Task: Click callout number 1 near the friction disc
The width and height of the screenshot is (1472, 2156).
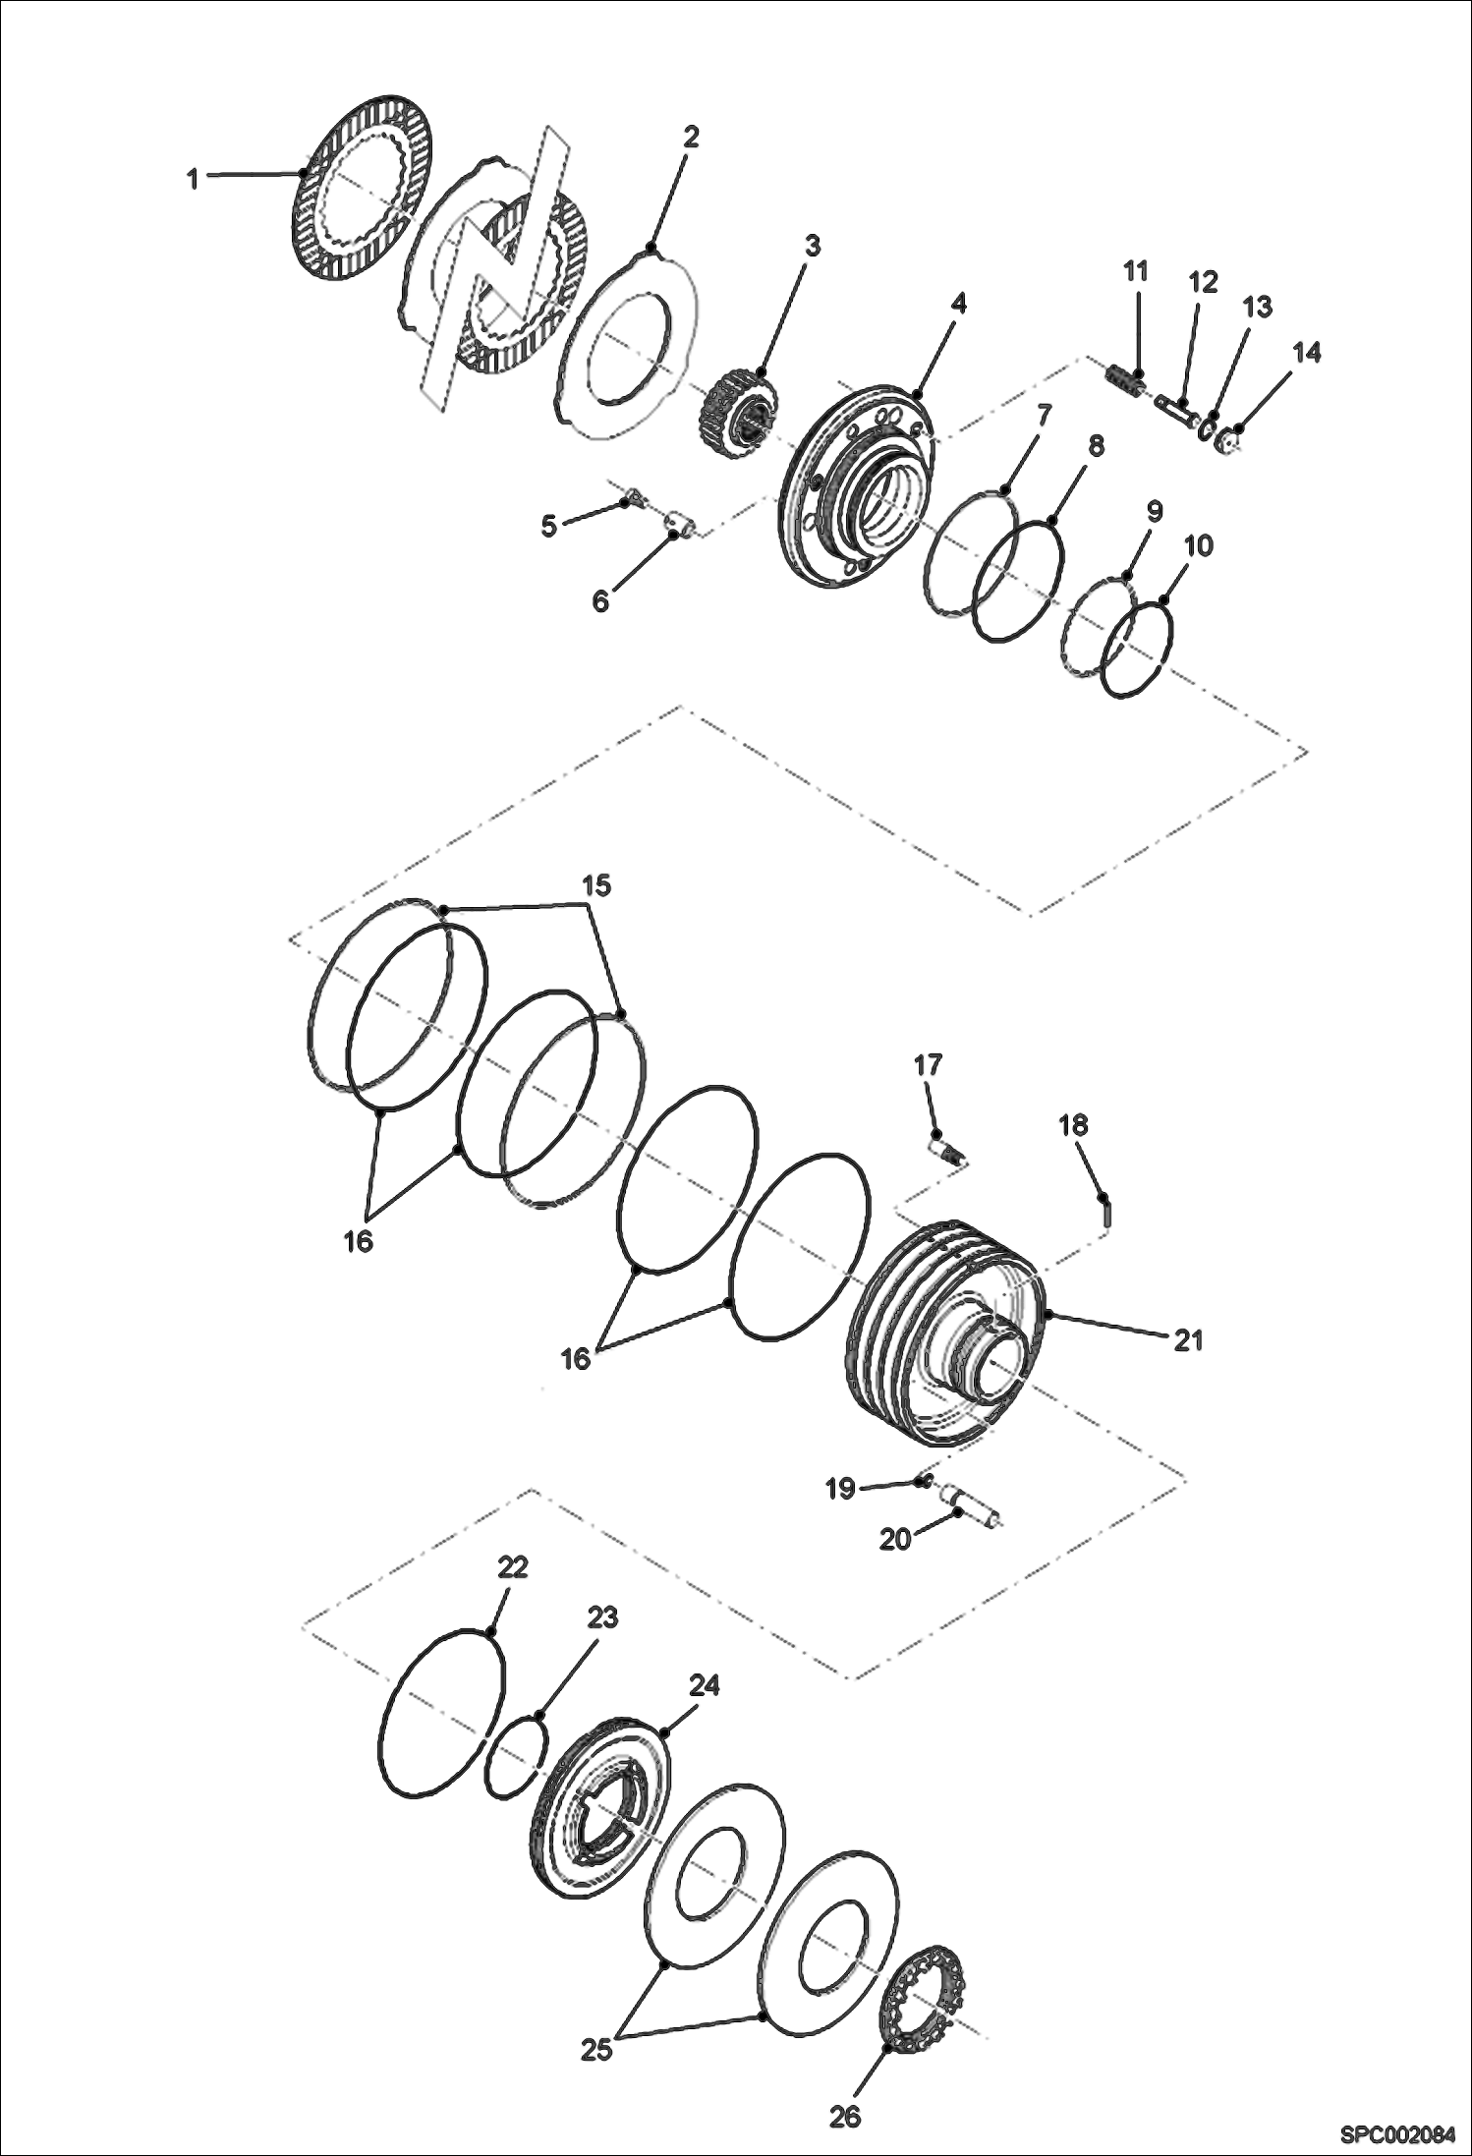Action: [x=193, y=179]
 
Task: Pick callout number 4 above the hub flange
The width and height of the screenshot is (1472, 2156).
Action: [x=958, y=304]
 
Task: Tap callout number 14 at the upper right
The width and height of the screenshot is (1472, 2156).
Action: [x=1306, y=353]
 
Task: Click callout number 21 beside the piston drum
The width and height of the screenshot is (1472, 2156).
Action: [x=1188, y=1339]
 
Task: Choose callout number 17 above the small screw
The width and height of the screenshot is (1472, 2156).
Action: [x=928, y=1064]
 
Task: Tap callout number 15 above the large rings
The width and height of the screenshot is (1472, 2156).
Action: [x=596, y=885]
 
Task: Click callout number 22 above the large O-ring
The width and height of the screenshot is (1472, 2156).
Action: [x=512, y=1567]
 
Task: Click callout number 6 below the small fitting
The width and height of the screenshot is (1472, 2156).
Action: [x=600, y=599]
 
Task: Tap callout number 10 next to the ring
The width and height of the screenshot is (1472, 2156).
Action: [x=1199, y=545]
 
